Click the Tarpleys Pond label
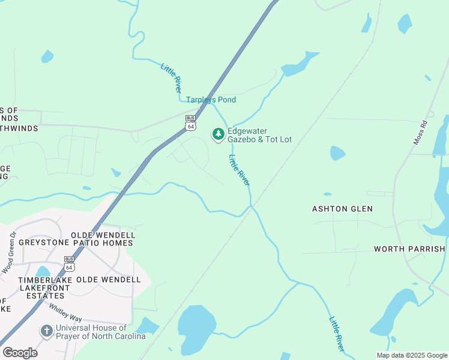pos(211,100)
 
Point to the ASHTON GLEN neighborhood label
pos(342,209)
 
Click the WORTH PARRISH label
pos(409,248)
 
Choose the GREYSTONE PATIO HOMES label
pos(76,243)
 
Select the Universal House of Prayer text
pos(100,332)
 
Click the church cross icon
pos(46,331)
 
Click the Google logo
pos(20,352)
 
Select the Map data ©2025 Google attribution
pos(412,355)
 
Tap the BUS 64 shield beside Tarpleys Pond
pos(190,122)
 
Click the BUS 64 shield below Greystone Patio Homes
pos(70,263)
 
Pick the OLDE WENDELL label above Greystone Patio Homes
pos(103,235)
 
